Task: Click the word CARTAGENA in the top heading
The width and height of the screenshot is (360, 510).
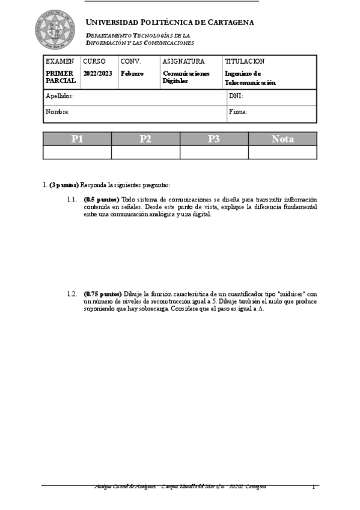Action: tap(230, 22)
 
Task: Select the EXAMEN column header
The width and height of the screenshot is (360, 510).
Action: tap(60, 61)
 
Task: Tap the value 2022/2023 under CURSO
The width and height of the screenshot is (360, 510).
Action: tap(97, 73)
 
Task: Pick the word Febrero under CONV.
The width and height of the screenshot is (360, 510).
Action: tap(132, 73)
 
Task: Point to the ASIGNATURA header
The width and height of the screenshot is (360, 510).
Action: tap(183, 61)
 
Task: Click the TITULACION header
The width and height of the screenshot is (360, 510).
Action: tap(244, 61)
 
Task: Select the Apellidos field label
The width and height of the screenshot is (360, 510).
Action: tap(59, 96)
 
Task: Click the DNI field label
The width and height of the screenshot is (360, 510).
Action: tap(236, 96)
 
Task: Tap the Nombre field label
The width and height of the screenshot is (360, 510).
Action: tap(58, 112)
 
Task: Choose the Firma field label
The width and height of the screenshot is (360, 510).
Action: tap(238, 112)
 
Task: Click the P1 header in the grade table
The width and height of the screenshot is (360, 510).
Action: tap(77, 139)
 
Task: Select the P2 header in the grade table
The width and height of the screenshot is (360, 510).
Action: tap(145, 139)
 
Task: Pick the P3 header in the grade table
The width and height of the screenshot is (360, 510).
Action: tap(214, 139)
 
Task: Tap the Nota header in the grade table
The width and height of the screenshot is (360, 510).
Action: tap(282, 139)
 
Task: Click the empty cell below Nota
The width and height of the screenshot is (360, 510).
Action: tap(282, 152)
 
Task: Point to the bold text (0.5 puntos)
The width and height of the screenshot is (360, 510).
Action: tap(102, 199)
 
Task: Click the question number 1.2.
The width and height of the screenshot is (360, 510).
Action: tap(72, 294)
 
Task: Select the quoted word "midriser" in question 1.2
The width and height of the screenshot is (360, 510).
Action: tap(287, 294)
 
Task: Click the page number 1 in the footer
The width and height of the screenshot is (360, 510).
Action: tap(313, 487)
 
